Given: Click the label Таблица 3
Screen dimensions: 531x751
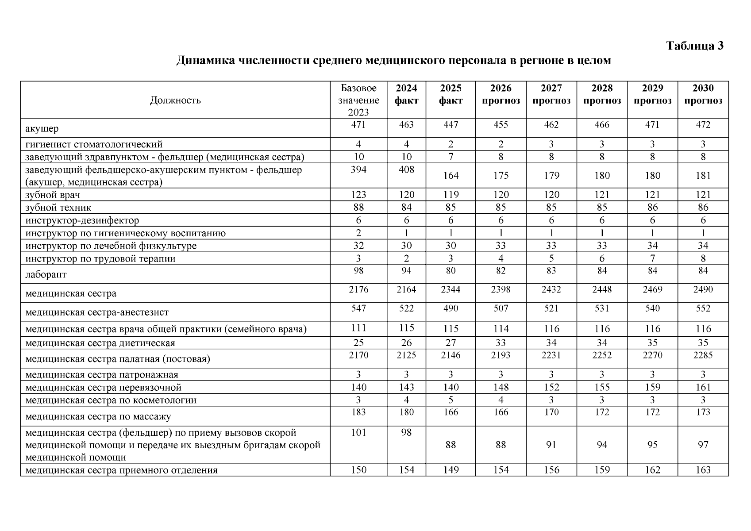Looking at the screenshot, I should [695, 46].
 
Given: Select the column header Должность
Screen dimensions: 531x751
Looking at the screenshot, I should [175, 100].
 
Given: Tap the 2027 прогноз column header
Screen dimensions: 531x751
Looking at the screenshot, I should [551, 94].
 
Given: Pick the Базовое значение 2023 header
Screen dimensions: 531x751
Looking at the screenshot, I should [358, 100].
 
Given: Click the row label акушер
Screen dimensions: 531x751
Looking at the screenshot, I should [42, 129].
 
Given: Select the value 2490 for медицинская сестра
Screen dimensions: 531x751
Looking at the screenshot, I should [703, 289].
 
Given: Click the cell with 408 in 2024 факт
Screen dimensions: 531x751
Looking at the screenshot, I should [406, 169].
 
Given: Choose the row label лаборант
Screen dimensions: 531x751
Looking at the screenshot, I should [46, 274].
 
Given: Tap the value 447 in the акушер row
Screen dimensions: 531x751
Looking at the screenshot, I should [451, 125].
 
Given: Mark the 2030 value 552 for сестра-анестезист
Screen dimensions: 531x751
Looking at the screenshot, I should [703, 308].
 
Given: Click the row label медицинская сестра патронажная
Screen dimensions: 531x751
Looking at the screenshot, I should [102, 375].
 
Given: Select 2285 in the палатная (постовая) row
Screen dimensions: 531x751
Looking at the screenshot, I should [703, 355].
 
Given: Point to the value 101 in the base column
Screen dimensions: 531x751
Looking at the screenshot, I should [358, 432].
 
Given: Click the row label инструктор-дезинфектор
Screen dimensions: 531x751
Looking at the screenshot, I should [82, 220].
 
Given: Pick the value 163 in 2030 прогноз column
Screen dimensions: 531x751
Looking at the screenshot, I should [703, 470].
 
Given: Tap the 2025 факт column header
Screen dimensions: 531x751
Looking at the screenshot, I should [451, 94].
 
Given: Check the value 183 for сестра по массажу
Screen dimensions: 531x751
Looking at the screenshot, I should [358, 412].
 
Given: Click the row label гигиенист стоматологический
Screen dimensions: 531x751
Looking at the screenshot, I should [94, 144].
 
